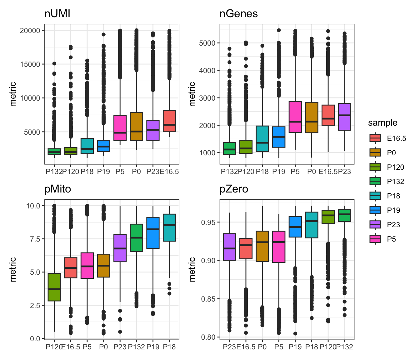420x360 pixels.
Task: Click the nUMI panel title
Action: [57, 14]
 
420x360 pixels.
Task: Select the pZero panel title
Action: [234, 189]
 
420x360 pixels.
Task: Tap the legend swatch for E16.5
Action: [375, 138]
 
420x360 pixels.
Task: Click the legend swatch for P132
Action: [375, 182]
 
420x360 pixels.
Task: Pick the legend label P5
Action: [391, 239]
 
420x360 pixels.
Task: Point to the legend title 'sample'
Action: [382, 123]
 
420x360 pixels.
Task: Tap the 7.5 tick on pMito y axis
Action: [33, 239]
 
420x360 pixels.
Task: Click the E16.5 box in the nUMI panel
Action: [169, 121]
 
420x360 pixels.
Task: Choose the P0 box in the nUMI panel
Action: [137, 126]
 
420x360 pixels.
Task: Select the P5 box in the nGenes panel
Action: [295, 117]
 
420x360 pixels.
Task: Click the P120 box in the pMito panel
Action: [54, 287]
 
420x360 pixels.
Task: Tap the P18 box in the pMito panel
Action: [169, 227]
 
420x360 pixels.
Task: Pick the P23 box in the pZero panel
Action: [229, 247]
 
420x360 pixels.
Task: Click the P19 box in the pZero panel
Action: [295, 227]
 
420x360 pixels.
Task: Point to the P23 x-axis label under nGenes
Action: [344, 172]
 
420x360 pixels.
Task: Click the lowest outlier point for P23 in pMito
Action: [120, 332]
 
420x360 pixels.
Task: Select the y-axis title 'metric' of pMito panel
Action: [13, 269]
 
